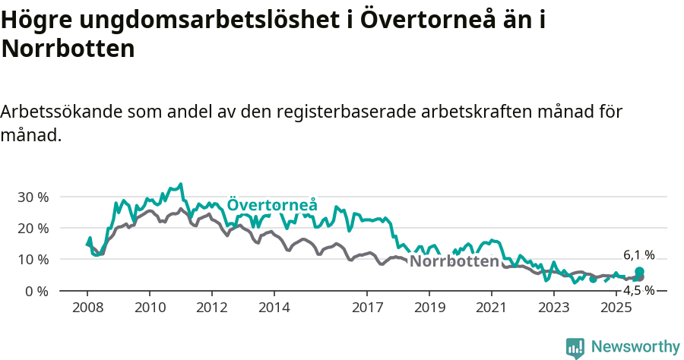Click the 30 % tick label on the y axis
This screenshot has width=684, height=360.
33,197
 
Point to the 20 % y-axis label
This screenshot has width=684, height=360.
33,228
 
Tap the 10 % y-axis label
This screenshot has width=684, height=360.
33,259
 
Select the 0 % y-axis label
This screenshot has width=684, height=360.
36,291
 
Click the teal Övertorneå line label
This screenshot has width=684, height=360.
272,205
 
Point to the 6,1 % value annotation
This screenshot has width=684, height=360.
639,255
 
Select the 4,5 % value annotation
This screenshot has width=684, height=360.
639,290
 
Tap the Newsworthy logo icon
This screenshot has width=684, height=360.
575,347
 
